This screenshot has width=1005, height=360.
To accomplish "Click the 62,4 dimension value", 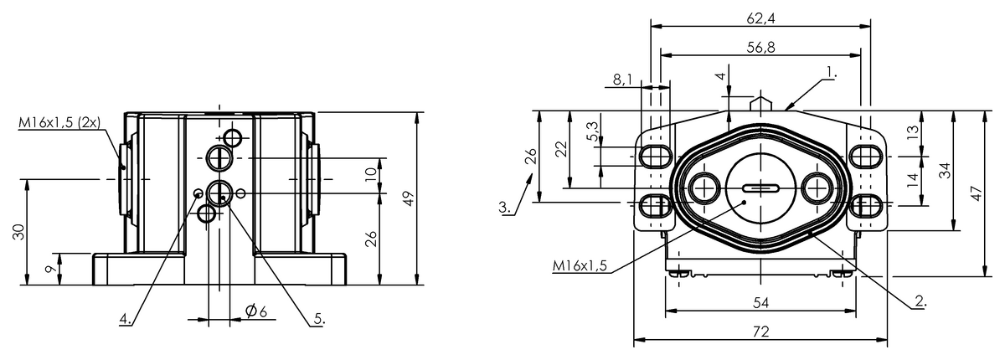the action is pos(761,18).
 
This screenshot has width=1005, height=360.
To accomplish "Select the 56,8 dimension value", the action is pos(761,48).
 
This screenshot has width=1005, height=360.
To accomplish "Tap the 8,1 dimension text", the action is pos(622,80).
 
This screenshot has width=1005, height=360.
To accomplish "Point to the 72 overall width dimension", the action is pos(761,332).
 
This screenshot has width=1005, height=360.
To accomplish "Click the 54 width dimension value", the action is pos(761,303).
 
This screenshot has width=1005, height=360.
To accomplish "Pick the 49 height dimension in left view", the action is pos(409,198).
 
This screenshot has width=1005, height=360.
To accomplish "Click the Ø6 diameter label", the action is pos(256,311).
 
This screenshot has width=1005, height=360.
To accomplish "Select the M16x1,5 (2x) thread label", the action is pos(59,122).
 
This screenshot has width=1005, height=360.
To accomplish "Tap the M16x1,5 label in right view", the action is pos(580,266).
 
